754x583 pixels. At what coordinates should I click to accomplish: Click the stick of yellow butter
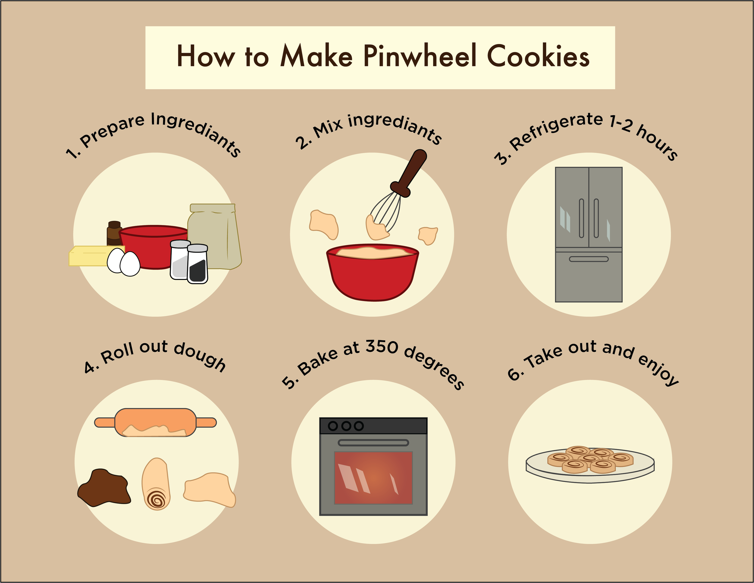click(x=91, y=256)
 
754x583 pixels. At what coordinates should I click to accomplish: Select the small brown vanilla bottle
click(x=114, y=233)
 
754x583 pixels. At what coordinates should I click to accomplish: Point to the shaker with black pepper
click(x=197, y=264)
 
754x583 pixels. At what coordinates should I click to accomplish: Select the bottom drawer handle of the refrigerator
click(x=589, y=259)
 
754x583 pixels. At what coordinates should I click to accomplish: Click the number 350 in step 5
click(x=382, y=347)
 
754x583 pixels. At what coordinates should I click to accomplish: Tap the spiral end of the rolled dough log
click(x=157, y=499)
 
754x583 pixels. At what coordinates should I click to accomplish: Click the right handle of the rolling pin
click(x=206, y=422)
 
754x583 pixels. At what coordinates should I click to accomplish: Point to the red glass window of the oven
click(x=373, y=478)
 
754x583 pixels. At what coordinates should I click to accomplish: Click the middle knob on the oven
click(x=346, y=426)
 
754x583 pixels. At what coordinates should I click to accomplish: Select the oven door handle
click(x=373, y=442)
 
